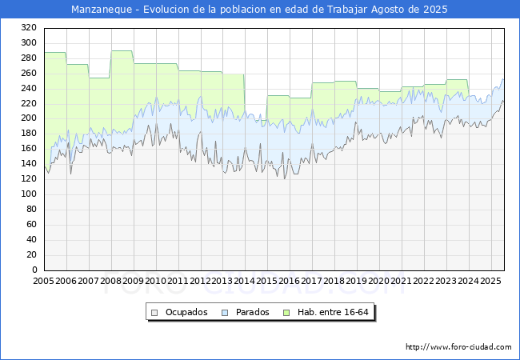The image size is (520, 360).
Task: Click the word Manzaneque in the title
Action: coord(102,10)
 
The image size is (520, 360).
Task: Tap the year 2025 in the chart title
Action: coord(435,10)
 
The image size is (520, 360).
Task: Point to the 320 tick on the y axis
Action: coord(29,27)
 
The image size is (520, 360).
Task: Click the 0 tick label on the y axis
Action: coord(34,270)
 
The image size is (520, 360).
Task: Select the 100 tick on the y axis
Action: coord(29,194)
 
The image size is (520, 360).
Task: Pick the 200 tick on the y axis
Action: coord(29,118)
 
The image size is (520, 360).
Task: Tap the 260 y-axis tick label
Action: coord(29,73)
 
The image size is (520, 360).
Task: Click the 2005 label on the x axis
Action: coord(43,281)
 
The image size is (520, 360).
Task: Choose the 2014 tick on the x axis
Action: coord(245,281)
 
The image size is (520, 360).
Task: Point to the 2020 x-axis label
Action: coord(379,281)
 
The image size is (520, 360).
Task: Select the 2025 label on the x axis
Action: coord(491,281)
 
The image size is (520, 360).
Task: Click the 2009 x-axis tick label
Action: coord(133,281)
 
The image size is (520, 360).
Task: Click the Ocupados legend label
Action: coord(186,312)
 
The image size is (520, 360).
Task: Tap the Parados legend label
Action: coord(252,312)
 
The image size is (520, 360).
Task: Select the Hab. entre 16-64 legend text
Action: coord(333,312)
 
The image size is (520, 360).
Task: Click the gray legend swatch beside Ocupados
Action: coord(154,313)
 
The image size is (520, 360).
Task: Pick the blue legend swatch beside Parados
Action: coord(225,313)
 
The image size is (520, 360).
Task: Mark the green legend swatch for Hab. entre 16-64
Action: coord(286,313)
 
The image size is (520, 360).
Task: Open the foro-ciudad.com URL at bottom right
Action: coord(458,347)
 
